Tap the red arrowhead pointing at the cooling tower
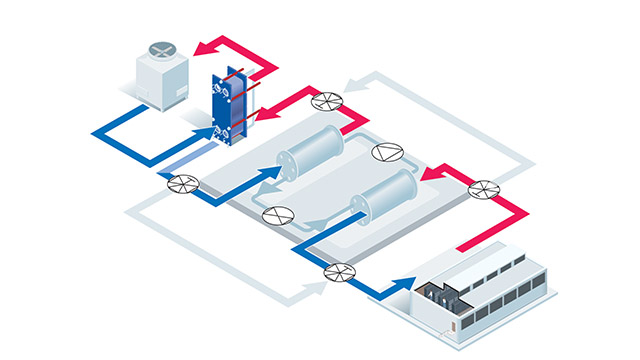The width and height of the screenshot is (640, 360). pyautogui.click(x=201, y=45)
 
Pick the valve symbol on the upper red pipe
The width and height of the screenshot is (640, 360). pyautogui.click(x=325, y=100)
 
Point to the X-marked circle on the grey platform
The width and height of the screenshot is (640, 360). pyautogui.click(x=276, y=214)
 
